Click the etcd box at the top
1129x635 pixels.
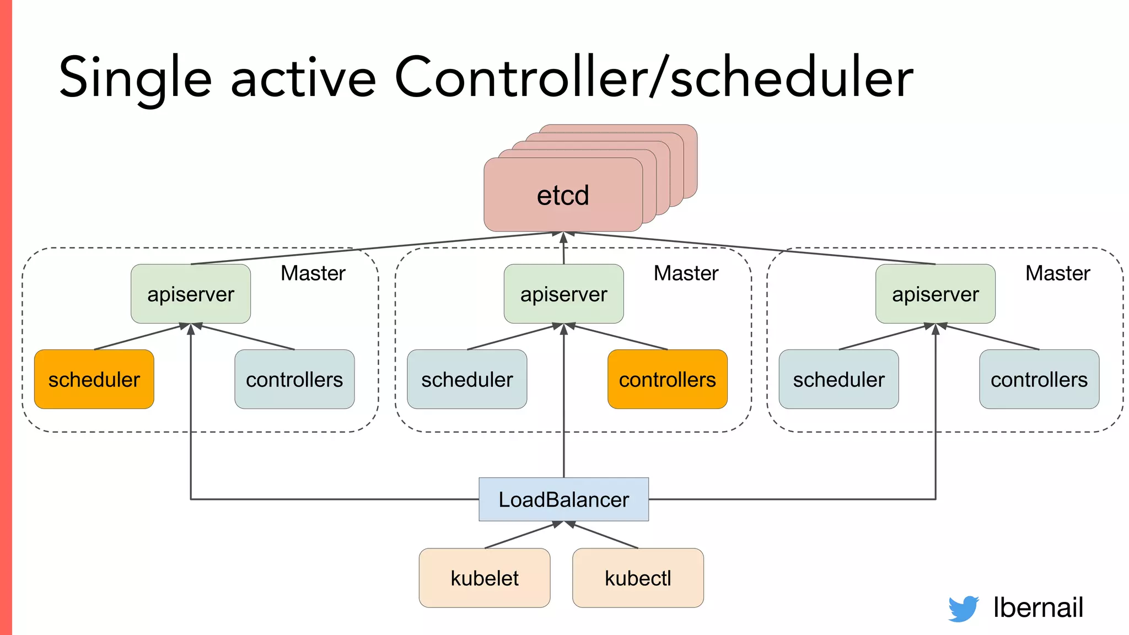pos(563,195)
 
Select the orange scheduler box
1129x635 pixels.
pos(94,379)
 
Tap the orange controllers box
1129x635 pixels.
pos(667,379)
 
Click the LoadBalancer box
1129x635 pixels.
pos(563,499)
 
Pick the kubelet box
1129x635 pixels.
pos(485,578)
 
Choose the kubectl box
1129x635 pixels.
pos(638,578)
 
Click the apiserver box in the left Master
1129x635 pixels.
pos(191,294)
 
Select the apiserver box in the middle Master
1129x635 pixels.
pos(563,294)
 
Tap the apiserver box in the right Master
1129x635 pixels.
pos(936,294)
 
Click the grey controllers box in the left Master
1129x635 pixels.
pos(294,379)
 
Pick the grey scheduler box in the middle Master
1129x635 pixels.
pos(467,379)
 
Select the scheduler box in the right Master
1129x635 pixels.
pos(838,379)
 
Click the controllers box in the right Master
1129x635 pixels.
pos(1039,379)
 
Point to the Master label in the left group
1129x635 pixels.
pos(313,273)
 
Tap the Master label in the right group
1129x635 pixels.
pos(1057,273)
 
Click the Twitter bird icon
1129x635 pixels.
pos(963,609)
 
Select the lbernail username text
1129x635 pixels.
pos(1038,607)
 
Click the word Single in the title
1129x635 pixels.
pos(135,78)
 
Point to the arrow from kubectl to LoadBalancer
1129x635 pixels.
pos(604,535)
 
